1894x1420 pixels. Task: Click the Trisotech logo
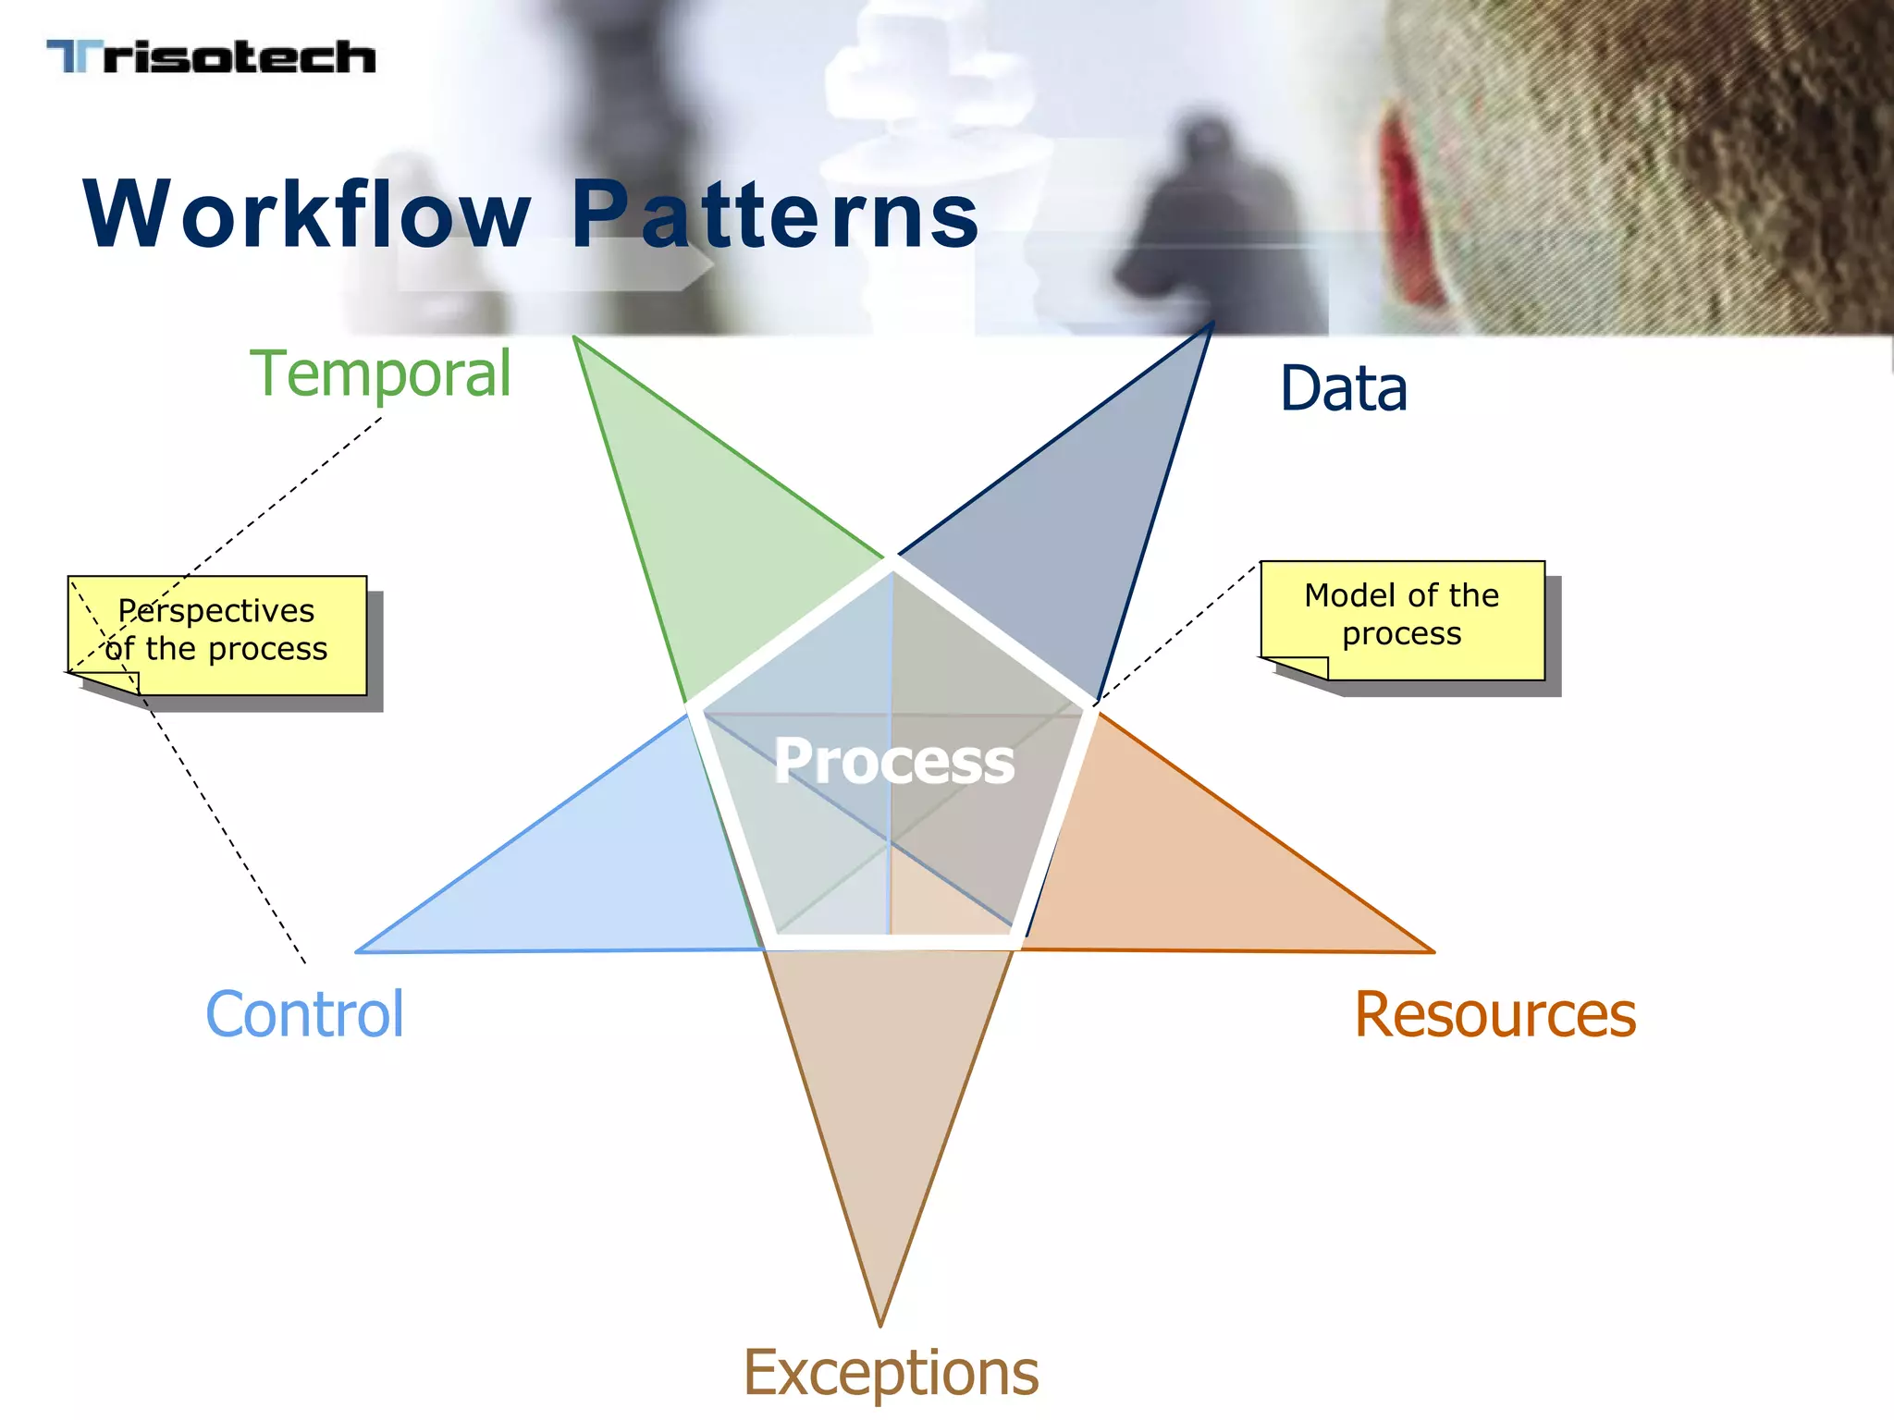click(x=211, y=57)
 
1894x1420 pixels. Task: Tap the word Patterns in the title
click(x=774, y=214)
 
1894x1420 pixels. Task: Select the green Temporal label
click(x=380, y=373)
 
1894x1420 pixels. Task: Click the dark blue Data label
click(x=1343, y=388)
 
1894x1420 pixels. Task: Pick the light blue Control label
click(x=304, y=1014)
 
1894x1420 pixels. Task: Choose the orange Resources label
click(x=1494, y=1014)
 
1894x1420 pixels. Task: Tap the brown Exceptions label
click(x=891, y=1372)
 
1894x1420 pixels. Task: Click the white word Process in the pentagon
click(x=893, y=762)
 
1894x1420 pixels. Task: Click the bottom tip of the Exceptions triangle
click(x=880, y=1322)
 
